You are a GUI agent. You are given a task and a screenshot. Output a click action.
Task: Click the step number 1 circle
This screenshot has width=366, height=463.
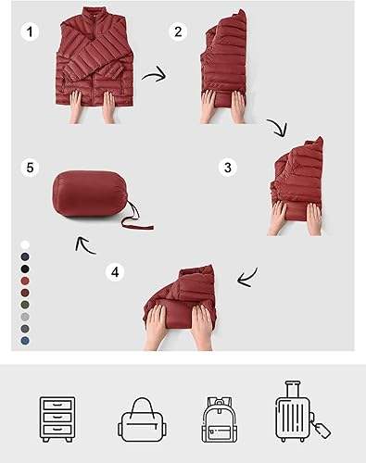coord(30,31)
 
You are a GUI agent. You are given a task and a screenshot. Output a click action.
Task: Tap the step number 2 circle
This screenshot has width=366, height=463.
coord(178,31)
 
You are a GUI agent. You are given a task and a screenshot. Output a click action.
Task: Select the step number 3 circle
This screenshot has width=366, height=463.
coord(228,168)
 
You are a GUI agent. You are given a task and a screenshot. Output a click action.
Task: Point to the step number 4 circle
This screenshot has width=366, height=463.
coord(115,272)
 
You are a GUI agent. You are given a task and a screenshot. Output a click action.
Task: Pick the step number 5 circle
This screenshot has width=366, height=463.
coord(30,168)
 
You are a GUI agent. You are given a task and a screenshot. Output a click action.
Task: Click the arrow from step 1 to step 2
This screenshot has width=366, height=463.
coord(155,75)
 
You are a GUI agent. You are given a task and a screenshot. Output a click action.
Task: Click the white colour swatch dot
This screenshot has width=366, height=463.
coord(25,244)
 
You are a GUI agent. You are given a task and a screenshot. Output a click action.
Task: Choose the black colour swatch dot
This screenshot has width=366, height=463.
coord(25,269)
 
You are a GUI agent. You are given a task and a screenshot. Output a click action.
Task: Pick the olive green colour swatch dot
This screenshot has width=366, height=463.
coord(25,305)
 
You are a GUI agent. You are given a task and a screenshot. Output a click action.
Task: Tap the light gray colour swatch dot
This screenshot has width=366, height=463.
coord(25,317)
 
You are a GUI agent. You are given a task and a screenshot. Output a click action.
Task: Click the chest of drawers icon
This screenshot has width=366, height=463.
coord(57,419)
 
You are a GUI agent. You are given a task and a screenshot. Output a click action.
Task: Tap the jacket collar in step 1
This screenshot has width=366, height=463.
coord(93,15)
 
